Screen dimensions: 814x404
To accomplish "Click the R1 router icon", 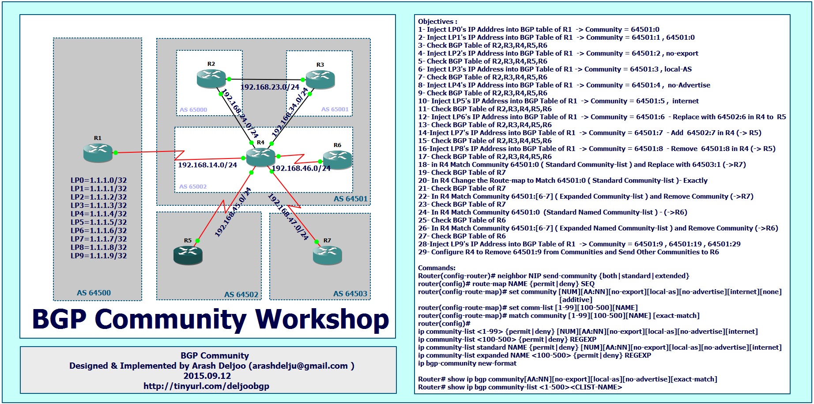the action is tap(98, 153).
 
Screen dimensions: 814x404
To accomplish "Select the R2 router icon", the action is tap(211, 78).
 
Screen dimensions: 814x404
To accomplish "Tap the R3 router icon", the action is tap(320, 79).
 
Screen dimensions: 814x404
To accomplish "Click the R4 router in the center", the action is tap(260, 157).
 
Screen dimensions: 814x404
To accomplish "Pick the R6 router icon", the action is tap(337, 160).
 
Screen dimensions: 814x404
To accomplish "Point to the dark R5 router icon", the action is tap(188, 255).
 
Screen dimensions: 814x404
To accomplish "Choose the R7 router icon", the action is tap(328, 255).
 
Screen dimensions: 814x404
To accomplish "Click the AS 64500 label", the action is tap(94, 293).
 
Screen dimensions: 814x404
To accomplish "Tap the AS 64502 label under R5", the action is tap(241, 295).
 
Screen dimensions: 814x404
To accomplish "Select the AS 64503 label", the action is tap(350, 294).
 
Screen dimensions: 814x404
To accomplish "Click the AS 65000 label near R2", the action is tap(193, 109).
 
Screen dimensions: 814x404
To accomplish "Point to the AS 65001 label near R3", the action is tap(335, 109).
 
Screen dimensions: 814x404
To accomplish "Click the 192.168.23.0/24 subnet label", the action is tap(270, 87).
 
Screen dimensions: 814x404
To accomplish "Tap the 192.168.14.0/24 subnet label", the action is tap(207, 165).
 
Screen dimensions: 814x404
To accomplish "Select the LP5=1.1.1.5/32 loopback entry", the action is tap(98, 222).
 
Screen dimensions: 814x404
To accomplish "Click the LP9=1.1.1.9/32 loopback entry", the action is tap(98, 256).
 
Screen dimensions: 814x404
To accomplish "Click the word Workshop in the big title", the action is tap(322, 320).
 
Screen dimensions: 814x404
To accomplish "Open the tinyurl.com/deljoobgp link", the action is tap(206, 386).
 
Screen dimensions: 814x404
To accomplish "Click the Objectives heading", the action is tap(437, 21).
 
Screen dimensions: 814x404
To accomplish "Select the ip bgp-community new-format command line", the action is tap(467, 363).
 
